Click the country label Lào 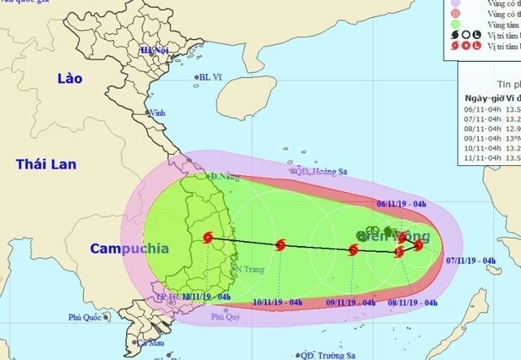click(x=70, y=78)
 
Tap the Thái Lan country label click(x=46, y=165)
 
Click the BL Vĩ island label click(x=211, y=78)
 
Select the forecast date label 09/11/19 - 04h click(x=351, y=303)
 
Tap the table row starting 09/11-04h click(x=488, y=139)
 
